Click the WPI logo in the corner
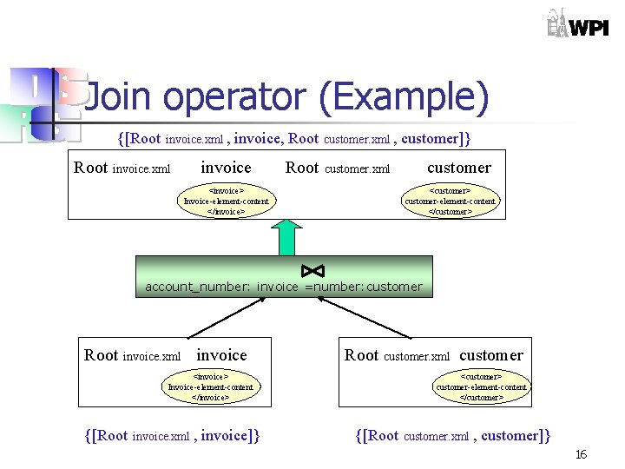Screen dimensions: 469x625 click(576, 23)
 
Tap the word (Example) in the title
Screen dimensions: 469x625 click(404, 98)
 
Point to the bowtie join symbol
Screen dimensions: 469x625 click(312, 270)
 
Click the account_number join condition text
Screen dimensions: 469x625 click(284, 287)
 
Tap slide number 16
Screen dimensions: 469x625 click(581, 454)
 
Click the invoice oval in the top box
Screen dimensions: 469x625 click(227, 200)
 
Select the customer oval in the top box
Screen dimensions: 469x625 click(451, 200)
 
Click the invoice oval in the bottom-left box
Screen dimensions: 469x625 click(211, 386)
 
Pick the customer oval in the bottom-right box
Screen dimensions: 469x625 click(481, 386)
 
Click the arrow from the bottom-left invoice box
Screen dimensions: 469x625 click(219, 317)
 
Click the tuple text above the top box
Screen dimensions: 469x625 click(294, 138)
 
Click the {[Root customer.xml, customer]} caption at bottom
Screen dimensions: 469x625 click(453, 435)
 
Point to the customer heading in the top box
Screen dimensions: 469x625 click(459, 168)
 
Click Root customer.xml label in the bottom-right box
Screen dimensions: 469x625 click(397, 355)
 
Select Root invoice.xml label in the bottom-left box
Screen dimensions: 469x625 click(132, 355)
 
